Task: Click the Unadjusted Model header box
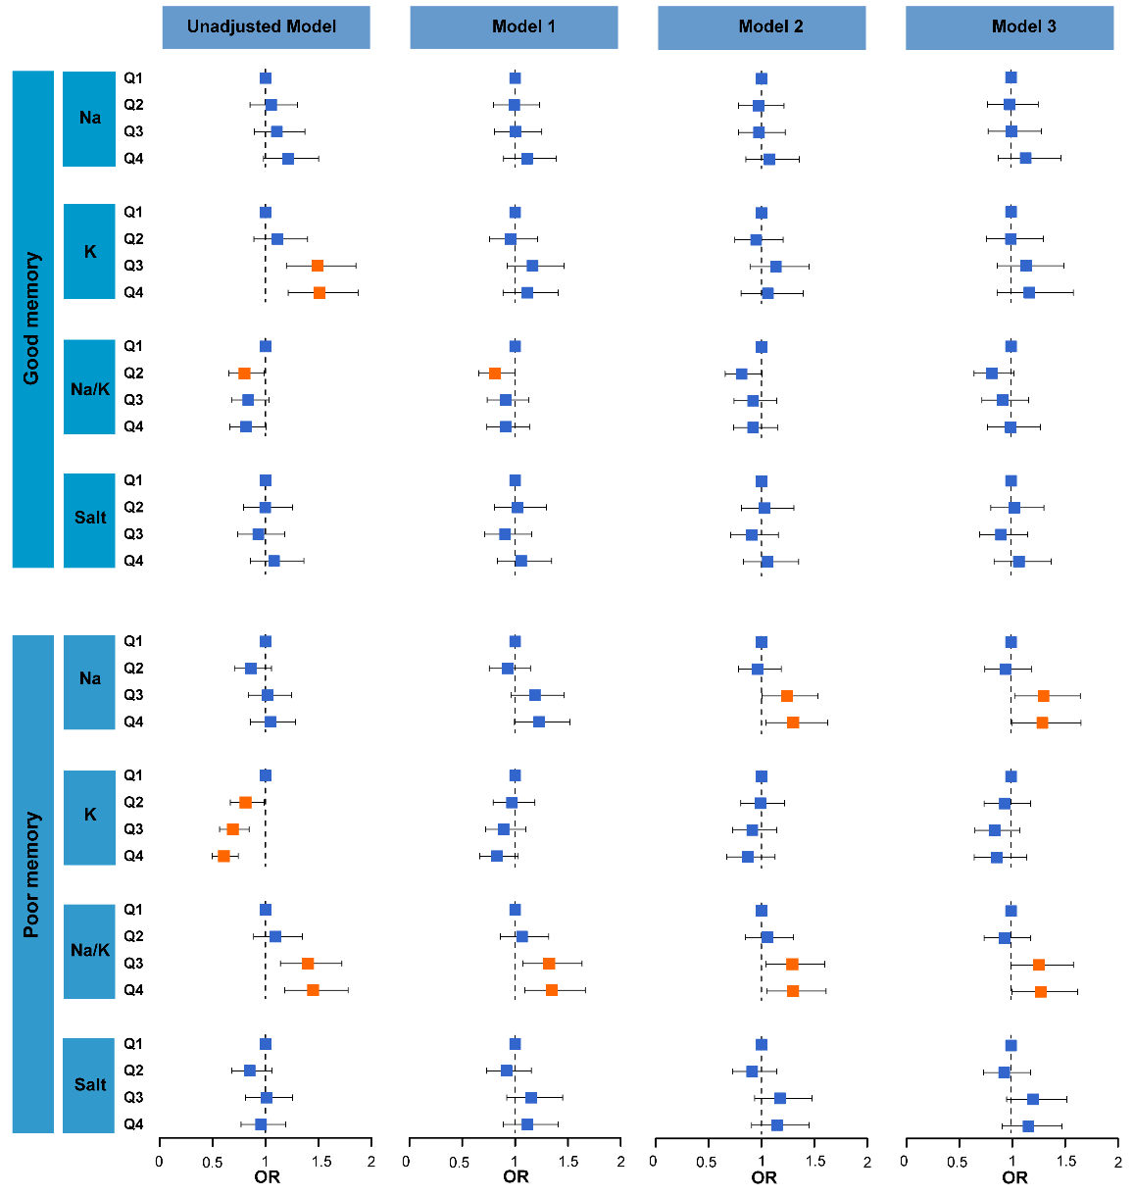[266, 27]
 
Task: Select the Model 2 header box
[762, 27]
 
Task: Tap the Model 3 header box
[1010, 27]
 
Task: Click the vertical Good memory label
[32, 319]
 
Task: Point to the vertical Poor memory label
[32, 874]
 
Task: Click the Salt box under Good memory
[89, 519]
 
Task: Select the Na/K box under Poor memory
[89, 950]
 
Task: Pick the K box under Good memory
[89, 252]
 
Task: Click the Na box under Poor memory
[89, 678]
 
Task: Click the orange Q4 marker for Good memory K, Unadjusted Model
[319, 292]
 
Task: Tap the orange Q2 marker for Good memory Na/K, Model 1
[495, 373]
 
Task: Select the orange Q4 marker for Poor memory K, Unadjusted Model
[223, 856]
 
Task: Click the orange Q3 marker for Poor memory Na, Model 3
[1044, 695]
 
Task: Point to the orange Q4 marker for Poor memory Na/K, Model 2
[793, 991]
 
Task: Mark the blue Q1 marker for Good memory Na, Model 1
[515, 78]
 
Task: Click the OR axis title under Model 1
[516, 1177]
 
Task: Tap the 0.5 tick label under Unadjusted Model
[213, 1163]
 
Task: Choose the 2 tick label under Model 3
[1117, 1163]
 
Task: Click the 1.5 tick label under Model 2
[814, 1163]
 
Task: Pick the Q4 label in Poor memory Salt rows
[133, 1124]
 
